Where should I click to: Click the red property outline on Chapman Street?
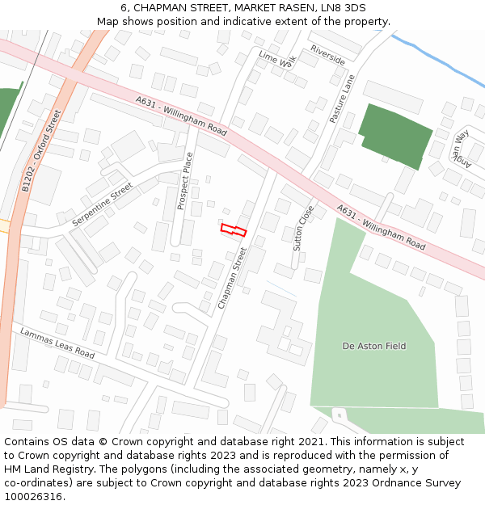coord(233,229)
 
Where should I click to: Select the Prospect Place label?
coord(185,181)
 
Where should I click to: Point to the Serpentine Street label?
coord(102,204)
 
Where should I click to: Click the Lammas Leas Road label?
coord(57,343)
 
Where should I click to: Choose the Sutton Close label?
coord(303,228)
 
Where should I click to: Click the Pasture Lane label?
coord(342,99)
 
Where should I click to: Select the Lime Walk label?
coord(278,60)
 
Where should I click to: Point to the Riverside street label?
coord(327,56)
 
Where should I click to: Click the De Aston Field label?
coord(374,346)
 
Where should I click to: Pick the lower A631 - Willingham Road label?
coord(381,226)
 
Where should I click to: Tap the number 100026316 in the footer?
coord(35,496)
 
